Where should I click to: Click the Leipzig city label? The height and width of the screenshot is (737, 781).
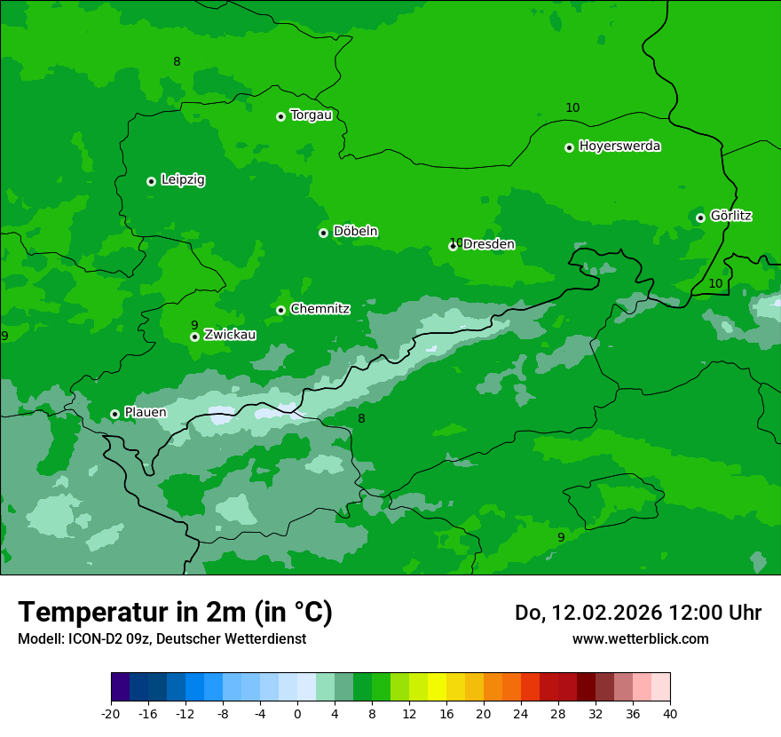[x=183, y=180]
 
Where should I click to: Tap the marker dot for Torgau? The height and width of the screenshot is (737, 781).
[x=280, y=116]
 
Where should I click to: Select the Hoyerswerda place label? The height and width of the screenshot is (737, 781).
[x=619, y=147]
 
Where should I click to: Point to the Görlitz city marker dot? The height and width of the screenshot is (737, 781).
[x=700, y=218]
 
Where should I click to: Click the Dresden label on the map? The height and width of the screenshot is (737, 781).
[x=488, y=245]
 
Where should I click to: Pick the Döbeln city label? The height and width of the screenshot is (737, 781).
[x=355, y=232]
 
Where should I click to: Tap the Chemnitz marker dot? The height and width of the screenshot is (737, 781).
[x=280, y=310]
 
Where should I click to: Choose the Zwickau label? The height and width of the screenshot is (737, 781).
[x=230, y=335]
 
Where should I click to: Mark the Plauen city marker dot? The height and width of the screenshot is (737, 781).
[x=114, y=414]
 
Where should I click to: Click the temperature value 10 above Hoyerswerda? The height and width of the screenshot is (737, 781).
[x=572, y=107]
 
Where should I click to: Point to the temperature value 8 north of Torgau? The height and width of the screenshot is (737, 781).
[x=177, y=61]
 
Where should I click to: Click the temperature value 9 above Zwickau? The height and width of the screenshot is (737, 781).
[x=194, y=325]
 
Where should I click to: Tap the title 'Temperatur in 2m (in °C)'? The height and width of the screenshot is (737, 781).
[x=175, y=612]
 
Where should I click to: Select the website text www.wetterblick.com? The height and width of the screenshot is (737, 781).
[x=640, y=638]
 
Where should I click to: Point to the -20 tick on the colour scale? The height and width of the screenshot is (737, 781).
[x=111, y=713]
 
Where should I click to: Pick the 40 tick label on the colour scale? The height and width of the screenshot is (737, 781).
[x=670, y=713]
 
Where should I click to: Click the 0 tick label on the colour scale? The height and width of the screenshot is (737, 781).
[x=297, y=713]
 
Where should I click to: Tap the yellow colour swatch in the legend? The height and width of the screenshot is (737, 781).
[x=437, y=687]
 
